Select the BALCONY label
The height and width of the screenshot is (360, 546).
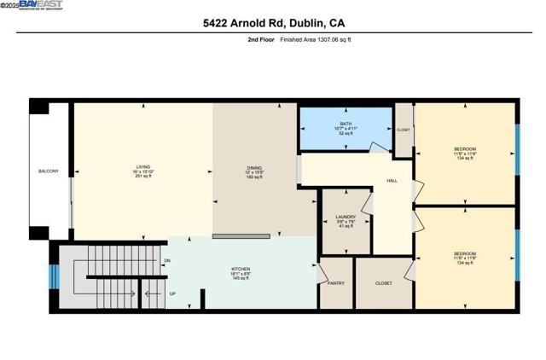pos(49,171)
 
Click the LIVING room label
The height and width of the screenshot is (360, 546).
pos(142,167)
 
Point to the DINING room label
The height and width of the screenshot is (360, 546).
pos(254,168)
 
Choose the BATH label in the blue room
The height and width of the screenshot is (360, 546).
pos(346,124)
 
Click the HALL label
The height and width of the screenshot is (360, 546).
pos(392,181)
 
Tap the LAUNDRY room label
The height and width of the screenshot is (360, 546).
pos(346,218)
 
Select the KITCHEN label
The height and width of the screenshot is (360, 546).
pos(241,270)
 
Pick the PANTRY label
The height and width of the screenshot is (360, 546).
pos(334,283)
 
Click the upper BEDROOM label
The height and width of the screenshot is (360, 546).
pos(465,149)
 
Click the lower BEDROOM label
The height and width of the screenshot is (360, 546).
pos(465,253)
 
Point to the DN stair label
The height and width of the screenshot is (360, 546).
pos(167,260)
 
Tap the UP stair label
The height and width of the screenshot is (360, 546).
pos(172,294)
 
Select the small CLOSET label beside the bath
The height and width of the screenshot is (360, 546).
pos(404,130)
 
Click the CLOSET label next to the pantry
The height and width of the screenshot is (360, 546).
pos(383,283)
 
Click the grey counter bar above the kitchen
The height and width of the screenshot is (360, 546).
pos(247,235)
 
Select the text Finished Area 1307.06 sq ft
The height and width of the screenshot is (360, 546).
pos(316,39)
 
